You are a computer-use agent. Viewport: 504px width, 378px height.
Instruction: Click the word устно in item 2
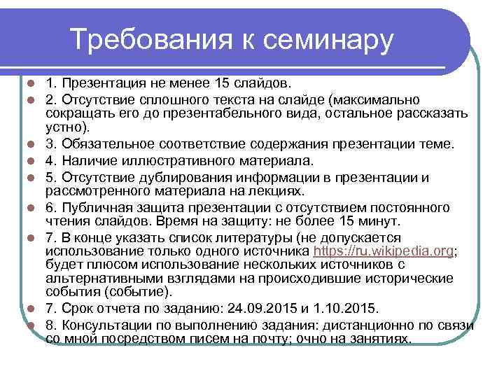coord(62,128)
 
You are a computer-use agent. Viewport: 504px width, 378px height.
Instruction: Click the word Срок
coord(78,309)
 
